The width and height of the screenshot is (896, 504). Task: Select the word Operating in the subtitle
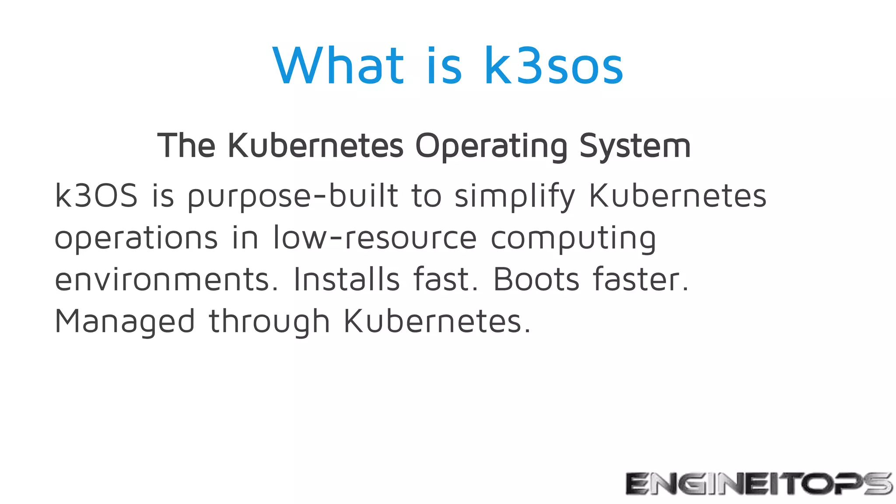[491, 146]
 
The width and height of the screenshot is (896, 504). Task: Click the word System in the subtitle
[635, 146]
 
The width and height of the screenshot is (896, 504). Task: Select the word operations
[136, 238]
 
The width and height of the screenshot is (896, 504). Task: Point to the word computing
[573, 238]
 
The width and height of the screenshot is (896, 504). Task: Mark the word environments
[166, 280]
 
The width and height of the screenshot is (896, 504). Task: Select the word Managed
[125, 322]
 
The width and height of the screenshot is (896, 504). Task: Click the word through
[269, 322]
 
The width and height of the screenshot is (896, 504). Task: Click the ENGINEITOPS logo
[759, 483]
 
